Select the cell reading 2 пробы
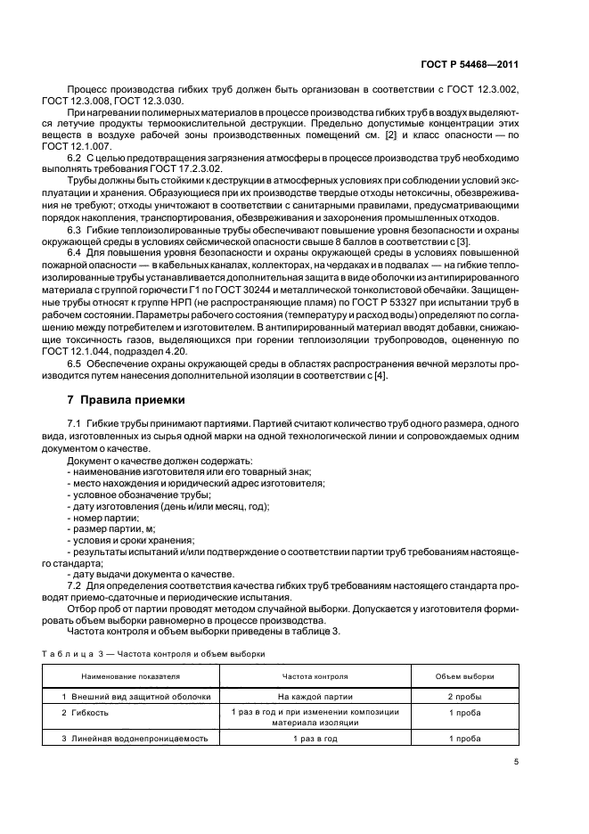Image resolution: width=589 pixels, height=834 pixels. coord(464,696)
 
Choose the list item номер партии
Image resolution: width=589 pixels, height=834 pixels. coord(105,518)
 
